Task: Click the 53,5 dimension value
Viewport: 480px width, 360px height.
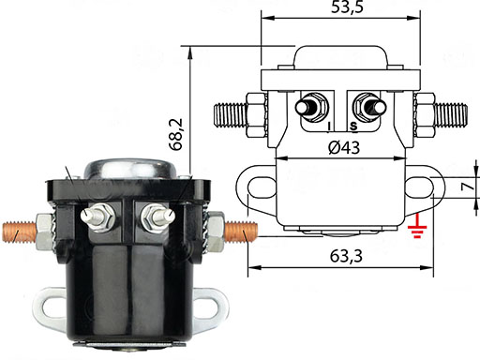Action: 347,7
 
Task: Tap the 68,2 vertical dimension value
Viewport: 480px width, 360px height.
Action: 176,134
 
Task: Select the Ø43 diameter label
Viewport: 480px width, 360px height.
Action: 344,147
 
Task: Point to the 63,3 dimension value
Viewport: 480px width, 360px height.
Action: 346,256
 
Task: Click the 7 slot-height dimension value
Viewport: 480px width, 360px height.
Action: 467,187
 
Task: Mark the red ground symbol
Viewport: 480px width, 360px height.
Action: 417,227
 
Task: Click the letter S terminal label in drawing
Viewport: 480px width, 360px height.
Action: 353,127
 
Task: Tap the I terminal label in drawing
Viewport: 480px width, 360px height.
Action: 329,127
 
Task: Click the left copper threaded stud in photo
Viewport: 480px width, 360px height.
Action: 20,232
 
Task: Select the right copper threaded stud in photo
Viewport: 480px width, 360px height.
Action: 241,232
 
